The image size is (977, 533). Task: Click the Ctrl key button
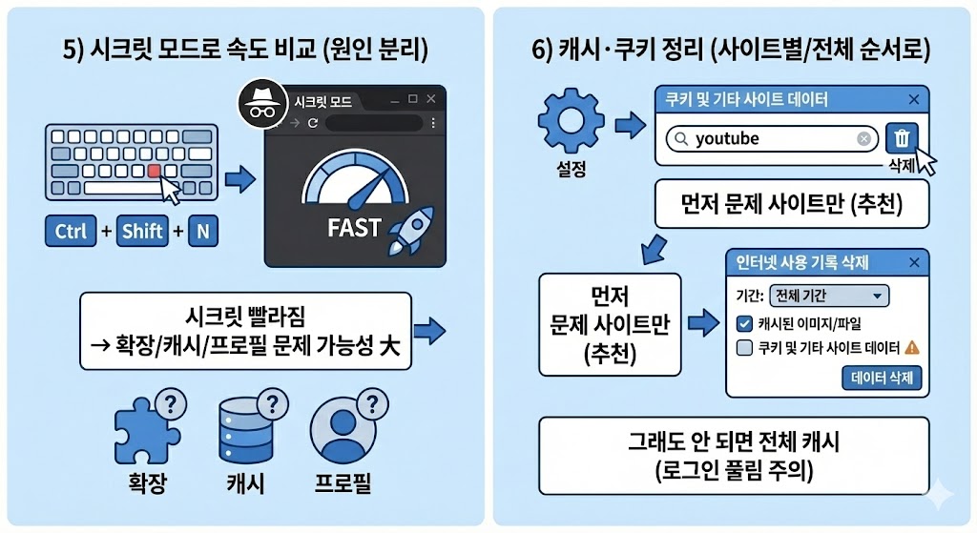70,231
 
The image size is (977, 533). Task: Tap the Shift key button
142,231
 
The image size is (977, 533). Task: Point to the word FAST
353,229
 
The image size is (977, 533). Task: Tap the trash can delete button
901,139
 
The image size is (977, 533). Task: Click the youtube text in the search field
727,139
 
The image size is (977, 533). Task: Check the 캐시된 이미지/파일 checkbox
746,322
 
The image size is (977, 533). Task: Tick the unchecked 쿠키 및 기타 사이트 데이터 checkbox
746,347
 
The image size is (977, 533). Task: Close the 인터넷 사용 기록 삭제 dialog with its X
915,262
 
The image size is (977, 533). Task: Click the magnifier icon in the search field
679,139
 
